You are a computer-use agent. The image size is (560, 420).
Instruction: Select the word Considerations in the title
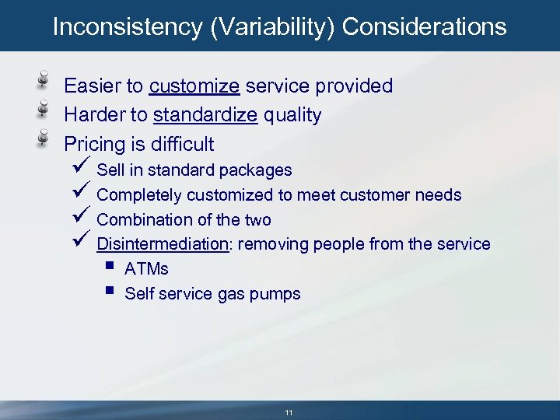click(x=424, y=27)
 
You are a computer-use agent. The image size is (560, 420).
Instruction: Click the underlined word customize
click(x=194, y=86)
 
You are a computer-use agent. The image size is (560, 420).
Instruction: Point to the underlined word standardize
click(x=205, y=116)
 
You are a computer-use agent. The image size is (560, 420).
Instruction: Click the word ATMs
click(x=146, y=269)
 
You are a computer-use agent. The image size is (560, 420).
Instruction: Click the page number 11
click(x=289, y=412)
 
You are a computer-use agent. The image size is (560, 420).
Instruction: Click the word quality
click(x=292, y=116)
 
